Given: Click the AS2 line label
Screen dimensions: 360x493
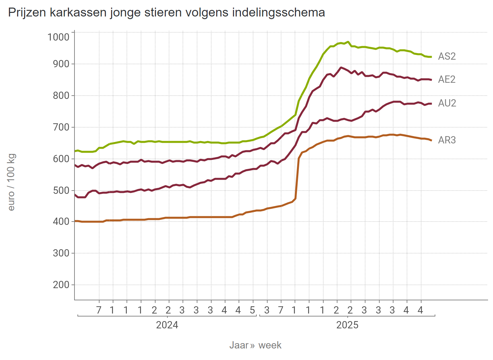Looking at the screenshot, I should click(447, 56).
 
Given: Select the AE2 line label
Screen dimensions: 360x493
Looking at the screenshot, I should click(447, 79).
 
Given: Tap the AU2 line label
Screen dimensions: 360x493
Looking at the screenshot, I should click(447, 103).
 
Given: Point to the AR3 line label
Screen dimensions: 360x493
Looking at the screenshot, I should click(447, 140).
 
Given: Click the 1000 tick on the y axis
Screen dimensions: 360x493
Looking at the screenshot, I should click(58, 37).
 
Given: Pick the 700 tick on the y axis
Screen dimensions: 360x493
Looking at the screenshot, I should click(61, 127).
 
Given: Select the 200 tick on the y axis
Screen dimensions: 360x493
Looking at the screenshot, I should click(61, 285).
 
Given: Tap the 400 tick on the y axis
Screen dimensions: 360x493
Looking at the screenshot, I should click(61, 222).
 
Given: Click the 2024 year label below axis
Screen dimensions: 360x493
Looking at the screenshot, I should click(167, 325).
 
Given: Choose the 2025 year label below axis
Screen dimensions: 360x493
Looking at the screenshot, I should click(347, 325).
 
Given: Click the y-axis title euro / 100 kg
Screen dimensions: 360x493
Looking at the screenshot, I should click(11, 182).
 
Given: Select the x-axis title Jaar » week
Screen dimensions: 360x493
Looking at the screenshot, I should click(255, 345).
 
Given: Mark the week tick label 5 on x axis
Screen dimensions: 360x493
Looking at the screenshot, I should click(252, 310).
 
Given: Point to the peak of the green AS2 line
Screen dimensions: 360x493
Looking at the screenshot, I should click(348, 42).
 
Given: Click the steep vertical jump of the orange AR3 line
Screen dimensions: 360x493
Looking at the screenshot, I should click(297, 178).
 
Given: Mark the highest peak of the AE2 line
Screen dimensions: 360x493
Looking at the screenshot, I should click(341, 68).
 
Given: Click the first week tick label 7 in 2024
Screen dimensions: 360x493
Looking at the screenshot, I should click(99, 310).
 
